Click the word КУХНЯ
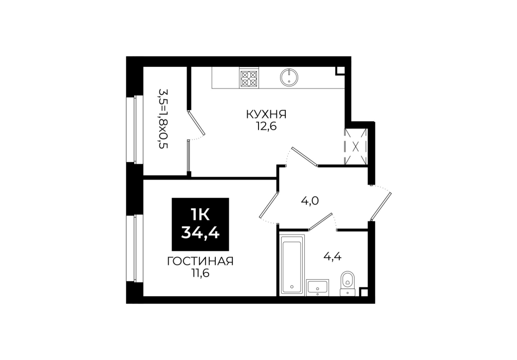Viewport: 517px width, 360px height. coord(266,115)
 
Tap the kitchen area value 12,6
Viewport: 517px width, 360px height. coord(266,125)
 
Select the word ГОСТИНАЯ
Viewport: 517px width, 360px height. coord(200,261)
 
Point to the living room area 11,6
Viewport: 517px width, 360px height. coord(200,273)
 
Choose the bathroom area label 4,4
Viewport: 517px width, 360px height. coord(333,256)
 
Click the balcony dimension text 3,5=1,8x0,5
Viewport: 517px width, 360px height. coord(163,118)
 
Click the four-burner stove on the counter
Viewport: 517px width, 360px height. coord(249,79)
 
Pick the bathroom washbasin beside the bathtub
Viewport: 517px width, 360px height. coord(318,287)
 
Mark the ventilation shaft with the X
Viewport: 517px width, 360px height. coord(356,146)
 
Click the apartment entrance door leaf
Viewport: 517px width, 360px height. coord(381,206)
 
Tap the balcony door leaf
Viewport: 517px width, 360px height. coord(196,123)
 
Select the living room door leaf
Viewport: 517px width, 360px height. coord(269,205)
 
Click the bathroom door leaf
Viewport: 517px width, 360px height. coord(320,221)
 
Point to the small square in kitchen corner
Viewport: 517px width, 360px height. coord(340,70)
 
